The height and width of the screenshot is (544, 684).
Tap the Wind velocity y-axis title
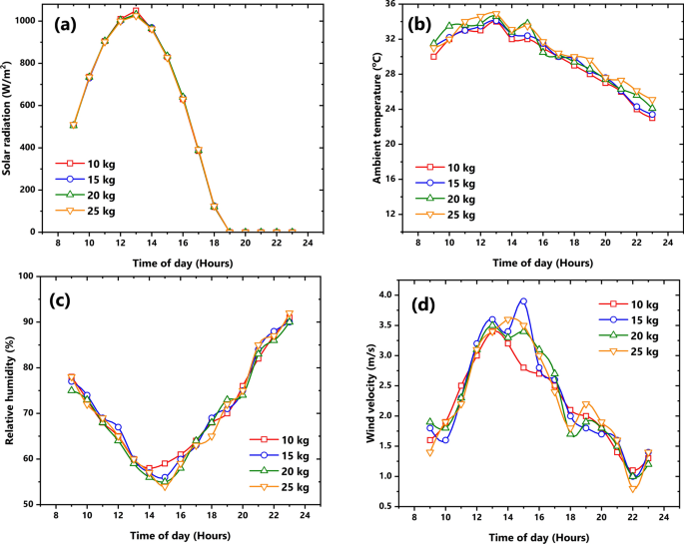370,394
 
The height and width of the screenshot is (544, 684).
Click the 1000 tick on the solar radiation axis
33,21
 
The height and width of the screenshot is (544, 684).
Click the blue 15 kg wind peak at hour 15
523,301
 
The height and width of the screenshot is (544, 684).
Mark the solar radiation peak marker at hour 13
136,12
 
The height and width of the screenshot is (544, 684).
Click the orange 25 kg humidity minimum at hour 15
165,486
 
